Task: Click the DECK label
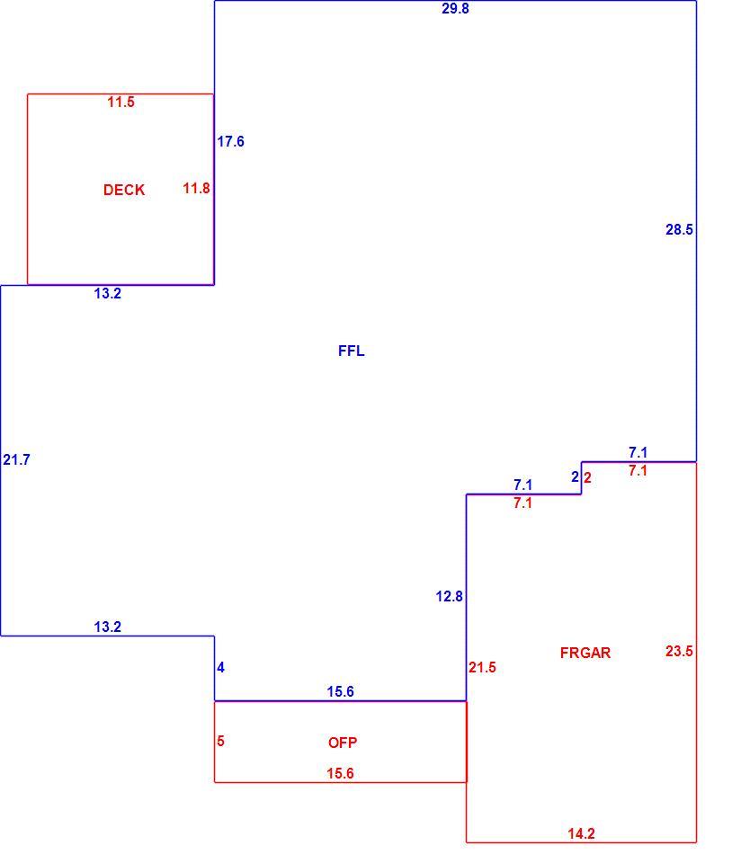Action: click(x=124, y=190)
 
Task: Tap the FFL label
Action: click(x=351, y=351)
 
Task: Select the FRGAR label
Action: click(x=585, y=653)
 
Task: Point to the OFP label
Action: click(x=343, y=743)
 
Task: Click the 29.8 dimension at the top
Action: click(x=455, y=8)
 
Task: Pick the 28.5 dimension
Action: click(x=679, y=229)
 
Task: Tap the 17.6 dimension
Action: click(x=230, y=141)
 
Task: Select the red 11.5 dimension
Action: click(x=121, y=102)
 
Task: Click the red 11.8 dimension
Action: click(x=196, y=188)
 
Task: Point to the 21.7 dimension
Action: click(x=16, y=459)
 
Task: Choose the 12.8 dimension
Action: click(x=449, y=596)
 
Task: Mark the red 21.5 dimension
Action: click(x=482, y=668)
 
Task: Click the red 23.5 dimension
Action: click(x=679, y=651)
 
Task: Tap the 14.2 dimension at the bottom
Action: click(x=581, y=833)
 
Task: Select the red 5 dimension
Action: click(x=220, y=741)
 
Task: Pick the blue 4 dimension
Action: click(x=220, y=668)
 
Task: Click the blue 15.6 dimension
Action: click(x=340, y=691)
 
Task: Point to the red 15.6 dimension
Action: click(x=340, y=773)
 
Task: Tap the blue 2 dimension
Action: click(x=576, y=476)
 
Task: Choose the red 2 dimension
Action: click(x=587, y=477)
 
